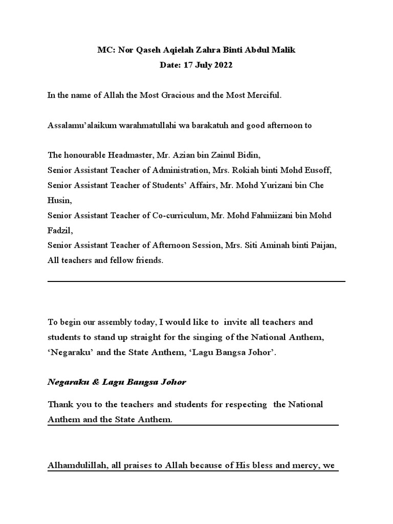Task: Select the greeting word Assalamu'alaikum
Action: tap(78, 125)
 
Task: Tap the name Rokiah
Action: tap(243, 170)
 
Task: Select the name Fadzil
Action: tap(59, 230)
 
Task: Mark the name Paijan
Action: tap(321, 246)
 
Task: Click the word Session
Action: tap(204, 246)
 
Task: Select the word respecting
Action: tap(246, 404)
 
